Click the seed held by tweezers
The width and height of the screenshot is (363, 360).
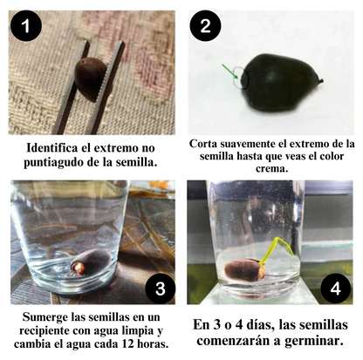[x=89, y=77]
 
